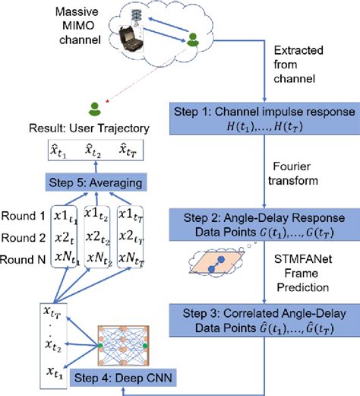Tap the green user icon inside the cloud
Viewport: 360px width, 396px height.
tap(194, 38)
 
